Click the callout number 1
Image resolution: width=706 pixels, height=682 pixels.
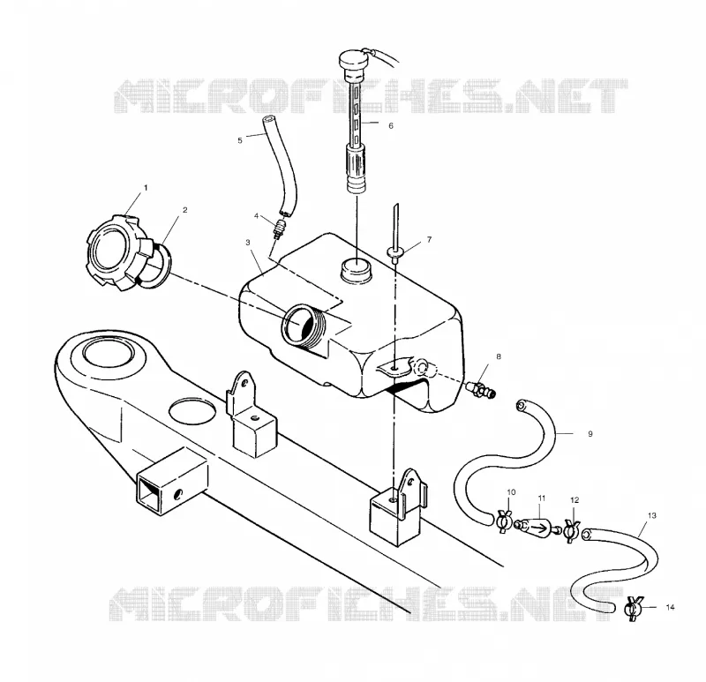pyautogui.click(x=146, y=187)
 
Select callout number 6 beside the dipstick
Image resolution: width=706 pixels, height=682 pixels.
pyautogui.click(x=391, y=125)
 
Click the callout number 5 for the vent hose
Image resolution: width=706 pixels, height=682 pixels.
pyautogui.click(x=240, y=140)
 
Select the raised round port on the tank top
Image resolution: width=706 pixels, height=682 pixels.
pyautogui.click(x=357, y=269)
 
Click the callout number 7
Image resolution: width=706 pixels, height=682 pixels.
pyautogui.click(x=429, y=239)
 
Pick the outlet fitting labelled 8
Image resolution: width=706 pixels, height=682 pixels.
pyautogui.click(x=481, y=388)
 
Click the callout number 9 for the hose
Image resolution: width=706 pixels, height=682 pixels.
pyautogui.click(x=590, y=434)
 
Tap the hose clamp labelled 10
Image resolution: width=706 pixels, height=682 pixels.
pyautogui.click(x=504, y=521)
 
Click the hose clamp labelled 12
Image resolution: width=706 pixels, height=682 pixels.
pyautogui.click(x=572, y=530)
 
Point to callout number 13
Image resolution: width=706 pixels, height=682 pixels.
pyautogui.click(x=652, y=515)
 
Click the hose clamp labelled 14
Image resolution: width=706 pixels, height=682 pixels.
pyautogui.click(x=634, y=609)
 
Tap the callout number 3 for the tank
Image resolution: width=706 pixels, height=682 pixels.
pyautogui.click(x=248, y=243)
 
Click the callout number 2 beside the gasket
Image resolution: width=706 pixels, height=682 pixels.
pyautogui.click(x=185, y=210)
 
